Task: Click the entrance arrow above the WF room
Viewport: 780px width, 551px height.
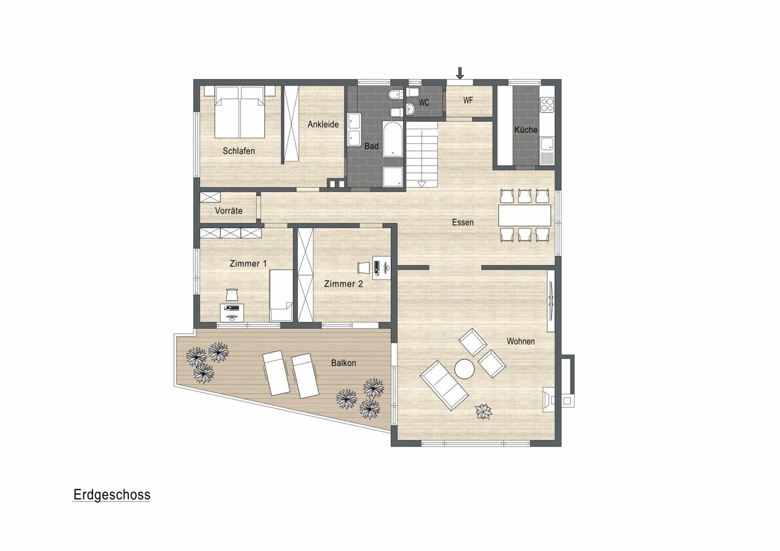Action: pos(461,73)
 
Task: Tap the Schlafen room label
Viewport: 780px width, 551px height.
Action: pos(239,151)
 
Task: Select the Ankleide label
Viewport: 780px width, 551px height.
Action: pos(323,124)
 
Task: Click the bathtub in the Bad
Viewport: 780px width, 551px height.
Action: pos(393,139)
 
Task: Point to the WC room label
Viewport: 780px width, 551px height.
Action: pos(424,103)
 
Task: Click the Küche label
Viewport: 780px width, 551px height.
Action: pos(526,129)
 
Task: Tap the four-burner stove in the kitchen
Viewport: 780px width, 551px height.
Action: pos(546,104)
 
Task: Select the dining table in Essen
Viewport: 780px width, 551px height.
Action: pos(525,215)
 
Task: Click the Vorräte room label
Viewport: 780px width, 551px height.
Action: pos(229,211)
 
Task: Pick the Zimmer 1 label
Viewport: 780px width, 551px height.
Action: pos(248,264)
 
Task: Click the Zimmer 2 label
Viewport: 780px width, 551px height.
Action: pos(343,284)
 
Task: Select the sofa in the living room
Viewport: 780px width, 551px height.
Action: pos(444,385)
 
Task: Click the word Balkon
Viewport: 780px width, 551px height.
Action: pos(343,363)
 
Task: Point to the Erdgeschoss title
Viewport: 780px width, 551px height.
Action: pos(112,495)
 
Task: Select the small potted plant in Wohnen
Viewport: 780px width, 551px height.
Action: pos(484,412)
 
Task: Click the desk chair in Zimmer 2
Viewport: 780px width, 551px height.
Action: pos(364,268)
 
